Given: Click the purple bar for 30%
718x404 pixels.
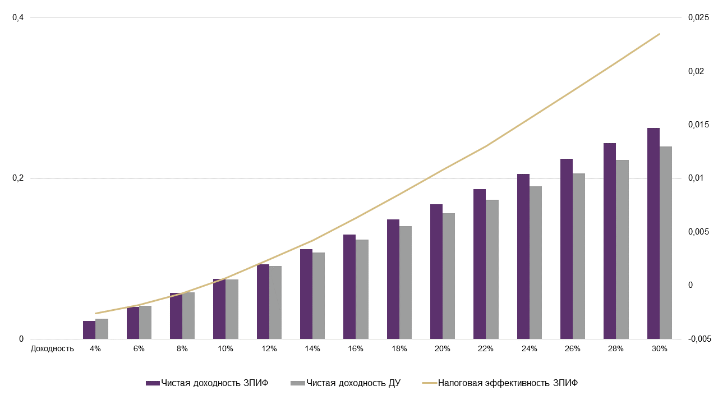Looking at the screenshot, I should coord(653,233).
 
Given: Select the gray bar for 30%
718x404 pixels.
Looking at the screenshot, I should coord(666,242).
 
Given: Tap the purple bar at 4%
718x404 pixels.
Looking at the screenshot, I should coord(89,330).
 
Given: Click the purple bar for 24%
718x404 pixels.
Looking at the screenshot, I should coord(523,256).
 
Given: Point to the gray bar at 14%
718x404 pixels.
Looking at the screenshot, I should coord(319,296).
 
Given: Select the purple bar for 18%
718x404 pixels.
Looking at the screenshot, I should coord(393,279).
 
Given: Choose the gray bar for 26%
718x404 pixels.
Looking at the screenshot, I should coord(579,256).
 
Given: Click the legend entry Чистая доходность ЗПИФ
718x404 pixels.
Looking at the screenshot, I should coord(207,383).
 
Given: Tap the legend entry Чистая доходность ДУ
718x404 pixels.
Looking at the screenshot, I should coord(346,383).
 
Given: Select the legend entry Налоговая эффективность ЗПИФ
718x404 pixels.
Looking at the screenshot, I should coord(500,383).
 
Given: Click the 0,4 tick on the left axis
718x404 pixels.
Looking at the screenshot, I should coord(18,17).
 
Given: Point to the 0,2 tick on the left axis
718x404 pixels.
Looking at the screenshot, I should coord(18,178).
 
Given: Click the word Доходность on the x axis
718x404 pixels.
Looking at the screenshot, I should coord(52,348).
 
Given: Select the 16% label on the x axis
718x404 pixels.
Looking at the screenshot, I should coord(356,348).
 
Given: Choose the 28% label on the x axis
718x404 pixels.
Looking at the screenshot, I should coord(616,348).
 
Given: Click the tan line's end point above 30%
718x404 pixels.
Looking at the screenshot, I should coord(660,34).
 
